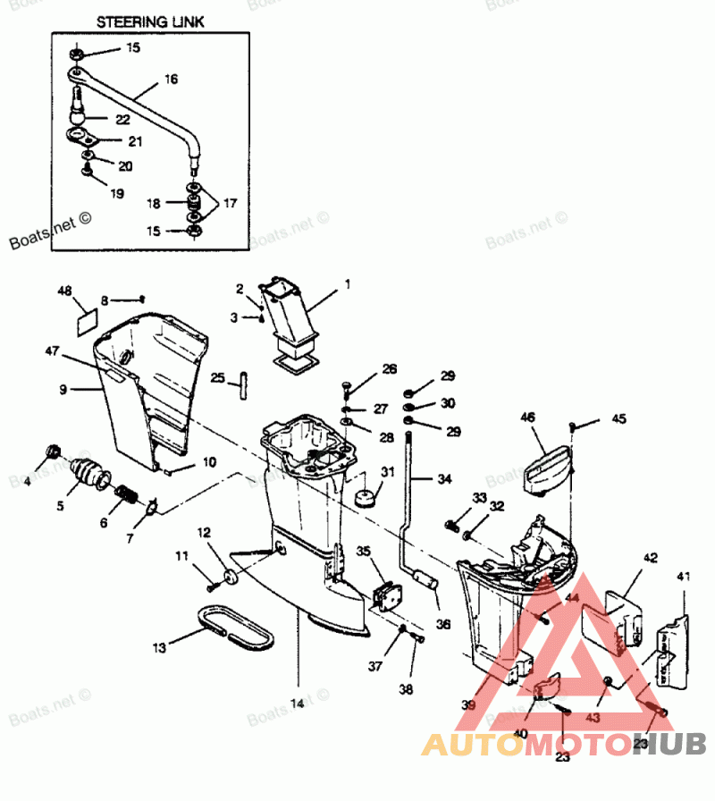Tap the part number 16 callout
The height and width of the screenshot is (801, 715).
(171, 80)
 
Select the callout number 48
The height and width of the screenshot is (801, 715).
(64, 291)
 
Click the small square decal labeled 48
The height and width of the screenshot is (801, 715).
(85, 318)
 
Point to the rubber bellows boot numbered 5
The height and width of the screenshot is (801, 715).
(87, 471)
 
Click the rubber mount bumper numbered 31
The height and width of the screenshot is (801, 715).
(365, 495)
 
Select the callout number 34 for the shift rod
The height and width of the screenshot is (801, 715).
(444, 479)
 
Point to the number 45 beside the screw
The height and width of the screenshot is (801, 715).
(619, 418)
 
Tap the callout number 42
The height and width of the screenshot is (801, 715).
(650, 559)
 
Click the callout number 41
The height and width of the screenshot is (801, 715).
(684, 578)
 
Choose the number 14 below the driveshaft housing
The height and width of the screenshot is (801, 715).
(297, 704)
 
